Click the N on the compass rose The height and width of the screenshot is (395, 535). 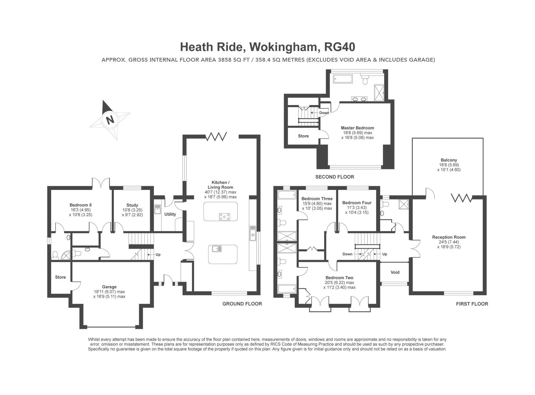(110, 120)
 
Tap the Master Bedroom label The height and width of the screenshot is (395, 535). (357, 128)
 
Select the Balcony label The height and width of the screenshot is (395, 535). (449, 160)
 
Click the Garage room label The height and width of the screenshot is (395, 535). (109, 287)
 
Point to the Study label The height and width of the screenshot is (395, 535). (132, 205)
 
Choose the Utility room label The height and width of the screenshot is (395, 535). (170, 214)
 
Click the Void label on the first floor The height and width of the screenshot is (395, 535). (395, 272)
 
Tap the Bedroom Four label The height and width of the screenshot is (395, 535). (357, 203)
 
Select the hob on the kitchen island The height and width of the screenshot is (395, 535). (225, 217)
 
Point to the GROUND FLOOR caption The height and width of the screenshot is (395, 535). (242, 304)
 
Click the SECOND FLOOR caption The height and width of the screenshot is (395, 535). (334, 177)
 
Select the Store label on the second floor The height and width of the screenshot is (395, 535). (303, 136)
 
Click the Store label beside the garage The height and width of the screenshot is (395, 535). (60, 277)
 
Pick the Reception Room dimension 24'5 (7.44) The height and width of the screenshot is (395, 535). (449, 242)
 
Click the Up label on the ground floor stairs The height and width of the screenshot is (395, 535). (158, 255)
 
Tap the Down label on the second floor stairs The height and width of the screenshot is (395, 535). (324, 113)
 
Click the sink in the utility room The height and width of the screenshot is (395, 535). (157, 209)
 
